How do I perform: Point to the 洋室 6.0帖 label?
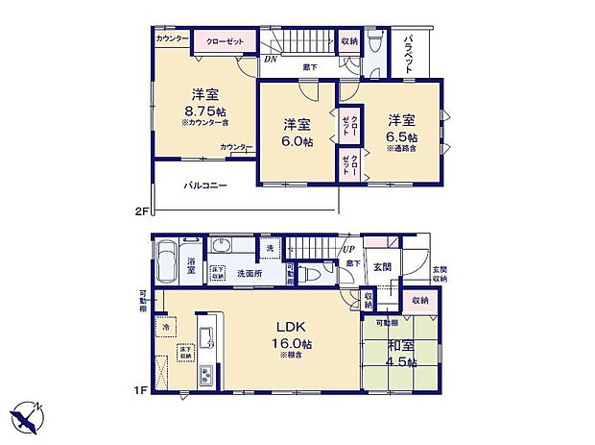pyautogui.click(x=297, y=133)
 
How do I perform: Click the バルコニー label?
pyautogui.click(x=205, y=185)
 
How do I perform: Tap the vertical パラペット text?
pyautogui.click(x=409, y=53)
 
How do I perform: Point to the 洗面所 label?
pyautogui.click(x=251, y=274)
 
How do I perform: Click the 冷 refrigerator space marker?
pyautogui.click(x=165, y=326)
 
